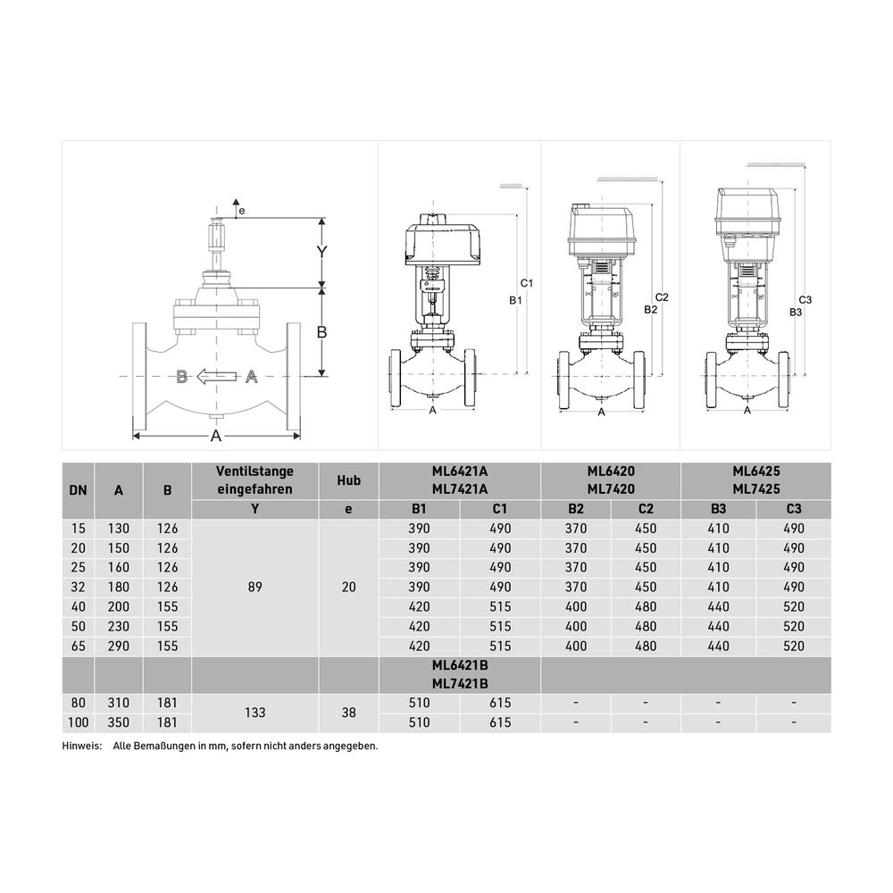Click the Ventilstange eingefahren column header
[x=255, y=480]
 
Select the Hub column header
[x=348, y=480]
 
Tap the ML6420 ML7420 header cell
[x=611, y=480]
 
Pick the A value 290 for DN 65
[x=119, y=646]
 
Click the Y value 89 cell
[x=255, y=587]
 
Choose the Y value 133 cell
[x=255, y=713]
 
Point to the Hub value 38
[x=348, y=713]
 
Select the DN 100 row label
[x=78, y=722]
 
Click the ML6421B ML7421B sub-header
[x=460, y=674]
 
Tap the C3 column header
[x=793, y=509]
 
